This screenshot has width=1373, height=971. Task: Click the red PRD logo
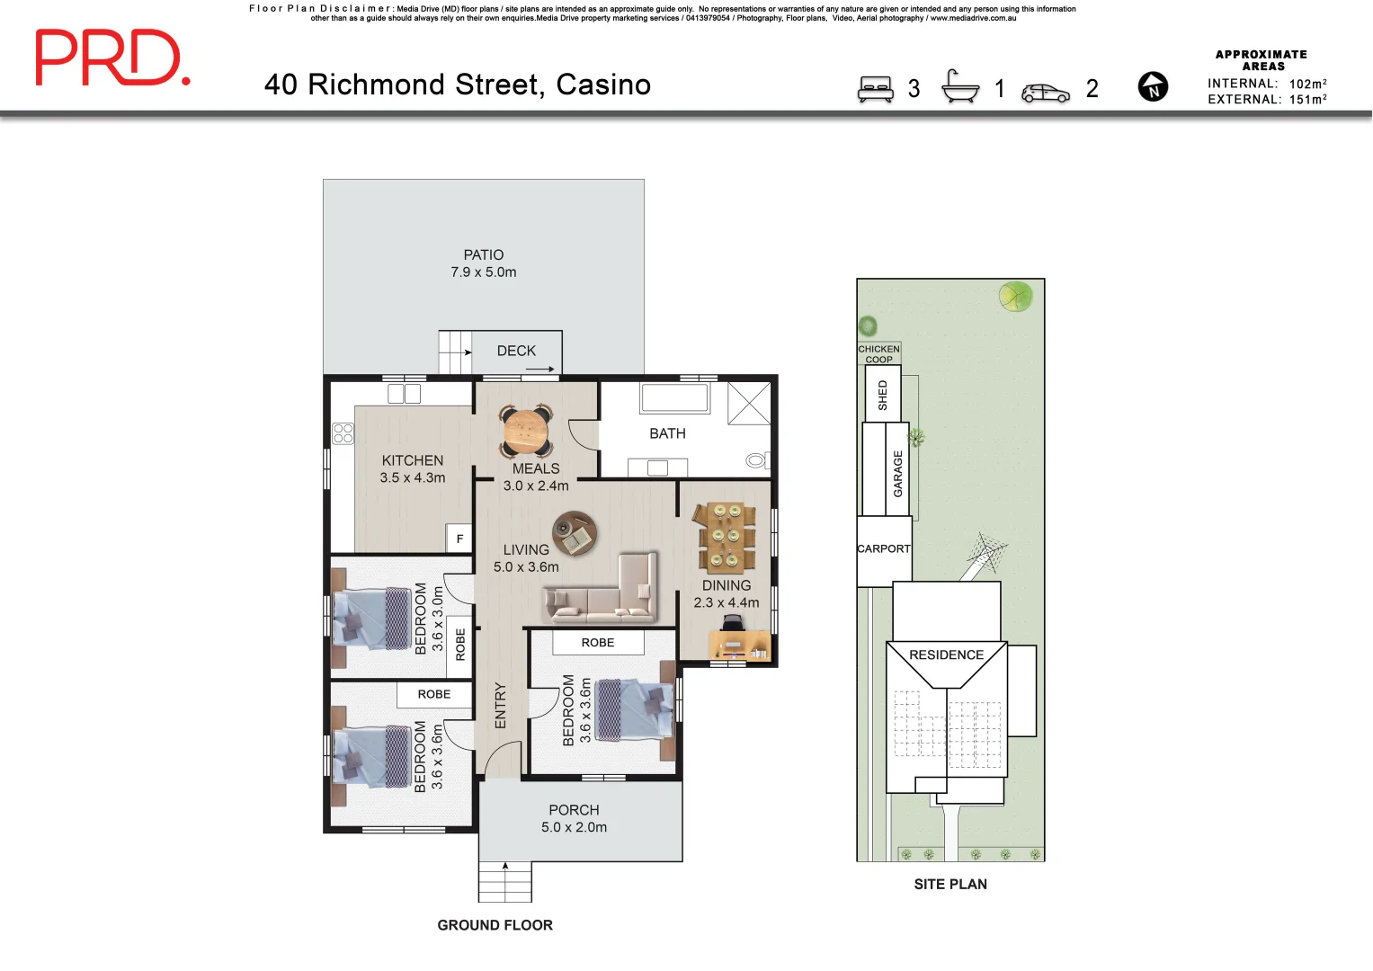112,58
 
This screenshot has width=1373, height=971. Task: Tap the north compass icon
1153,87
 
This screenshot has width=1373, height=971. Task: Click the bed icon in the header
875,89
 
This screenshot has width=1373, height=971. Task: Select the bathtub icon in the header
960,87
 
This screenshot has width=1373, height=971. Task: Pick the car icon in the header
1046,93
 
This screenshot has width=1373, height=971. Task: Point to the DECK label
516,351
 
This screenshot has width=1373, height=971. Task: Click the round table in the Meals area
526,431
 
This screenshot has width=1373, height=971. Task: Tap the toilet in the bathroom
757,461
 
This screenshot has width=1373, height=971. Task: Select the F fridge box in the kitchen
459,539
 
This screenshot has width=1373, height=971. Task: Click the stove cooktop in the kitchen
343,433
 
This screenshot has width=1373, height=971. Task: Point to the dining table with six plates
724,537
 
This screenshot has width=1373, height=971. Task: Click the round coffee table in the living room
574,534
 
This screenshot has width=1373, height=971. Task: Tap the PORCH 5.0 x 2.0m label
574,818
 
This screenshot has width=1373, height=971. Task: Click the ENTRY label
501,706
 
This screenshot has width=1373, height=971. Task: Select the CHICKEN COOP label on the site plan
878,353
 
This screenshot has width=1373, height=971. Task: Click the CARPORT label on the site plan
883,548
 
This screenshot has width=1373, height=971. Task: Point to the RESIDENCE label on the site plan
946,655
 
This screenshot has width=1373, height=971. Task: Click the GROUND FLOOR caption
495,925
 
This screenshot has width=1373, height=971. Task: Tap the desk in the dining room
740,645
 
